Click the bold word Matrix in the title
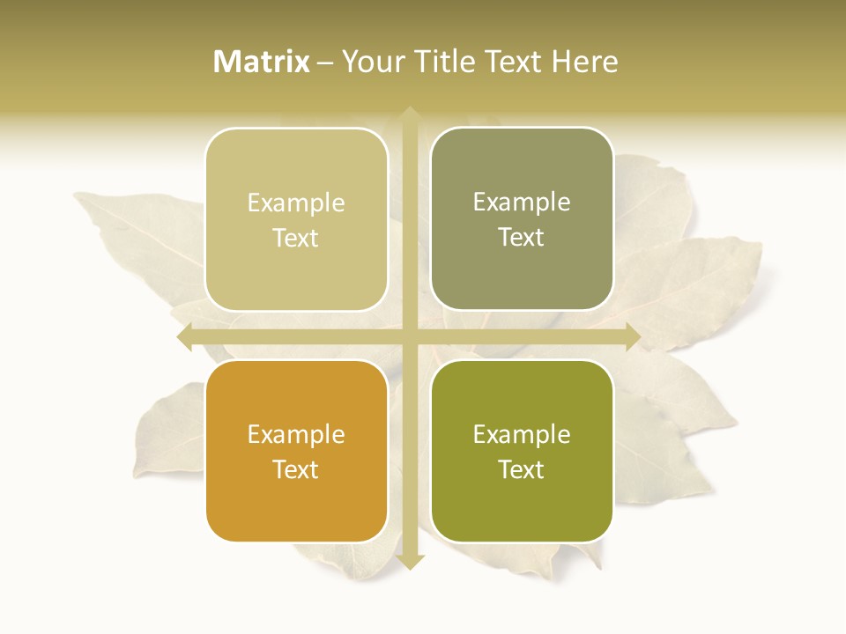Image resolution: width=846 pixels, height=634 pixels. pos(262,62)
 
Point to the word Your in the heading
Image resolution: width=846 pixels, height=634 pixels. pos(373,62)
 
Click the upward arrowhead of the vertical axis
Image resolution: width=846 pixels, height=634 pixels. pos(410,114)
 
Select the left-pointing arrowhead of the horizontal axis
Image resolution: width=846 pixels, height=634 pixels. pos(184,336)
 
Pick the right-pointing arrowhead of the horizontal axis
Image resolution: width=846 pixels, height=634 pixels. pos(633,336)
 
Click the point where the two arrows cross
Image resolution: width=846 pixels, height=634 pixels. pos(410,336)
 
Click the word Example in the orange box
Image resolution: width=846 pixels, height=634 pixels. pos(296,435)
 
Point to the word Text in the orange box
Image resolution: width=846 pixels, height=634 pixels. pos(296,469)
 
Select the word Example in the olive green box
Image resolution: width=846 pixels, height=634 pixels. pos(522,435)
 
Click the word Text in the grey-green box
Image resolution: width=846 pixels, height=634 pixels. pos(522,237)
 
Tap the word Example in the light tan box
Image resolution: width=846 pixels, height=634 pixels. pos(296,203)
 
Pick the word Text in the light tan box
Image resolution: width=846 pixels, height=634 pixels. pos(296,238)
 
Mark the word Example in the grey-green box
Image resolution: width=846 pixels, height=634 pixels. pos(522,203)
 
